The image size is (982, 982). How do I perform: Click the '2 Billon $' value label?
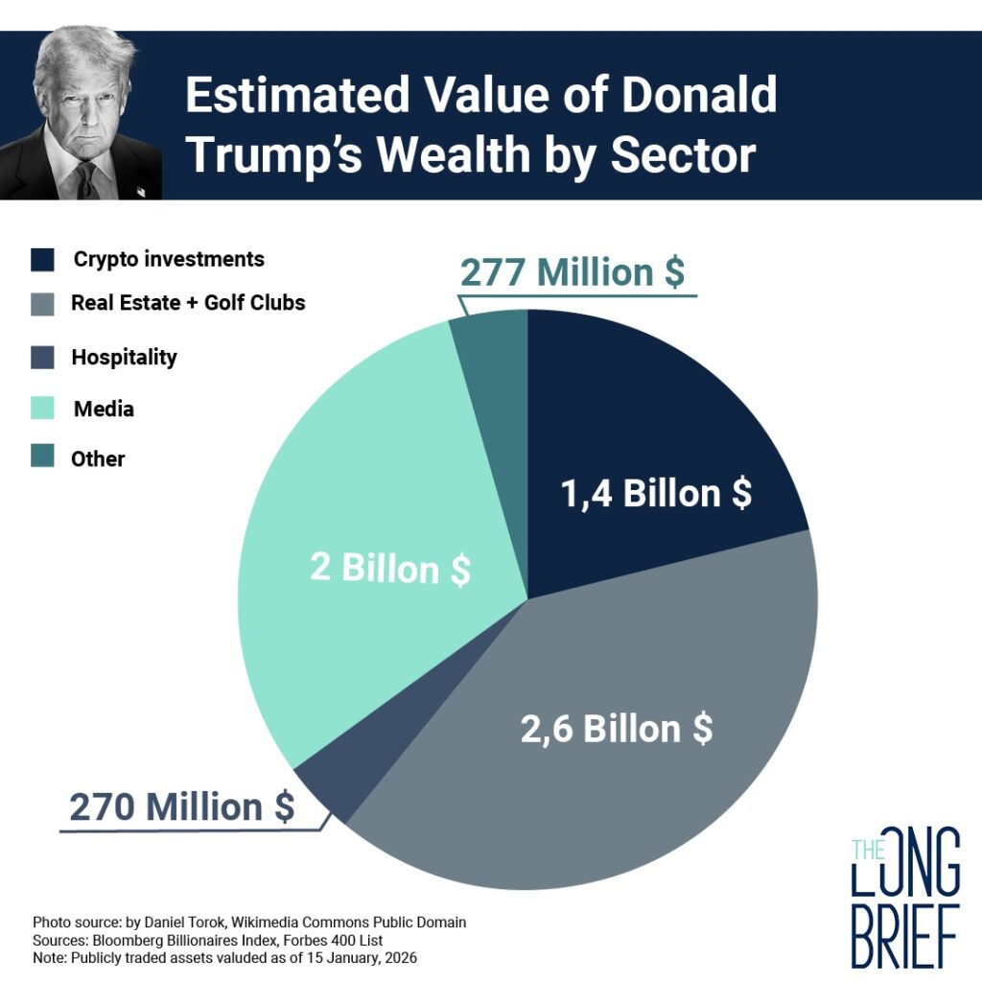390,569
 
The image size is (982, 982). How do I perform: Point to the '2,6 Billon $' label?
617,729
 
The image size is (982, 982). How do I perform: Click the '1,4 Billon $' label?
656,493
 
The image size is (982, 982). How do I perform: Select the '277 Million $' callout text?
573,272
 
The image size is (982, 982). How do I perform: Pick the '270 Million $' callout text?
182,807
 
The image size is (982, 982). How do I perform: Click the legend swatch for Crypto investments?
43,259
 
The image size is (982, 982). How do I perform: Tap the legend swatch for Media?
43,408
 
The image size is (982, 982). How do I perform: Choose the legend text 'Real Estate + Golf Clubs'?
188,303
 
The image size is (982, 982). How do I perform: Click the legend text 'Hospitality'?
124,357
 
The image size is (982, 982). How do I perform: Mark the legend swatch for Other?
43,457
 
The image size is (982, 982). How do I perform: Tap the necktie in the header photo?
86,179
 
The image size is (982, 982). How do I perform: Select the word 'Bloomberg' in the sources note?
125,940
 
